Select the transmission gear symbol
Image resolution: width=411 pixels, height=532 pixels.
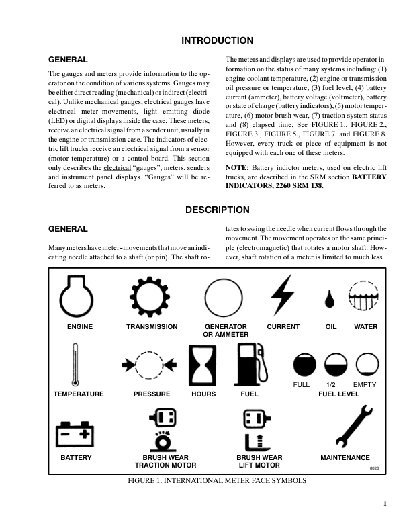pos(151,296)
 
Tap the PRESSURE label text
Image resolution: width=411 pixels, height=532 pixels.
pos(151,394)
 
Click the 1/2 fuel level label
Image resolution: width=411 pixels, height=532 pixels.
pos(330,384)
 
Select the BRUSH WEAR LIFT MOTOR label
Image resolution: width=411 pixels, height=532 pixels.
pos(259,461)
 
